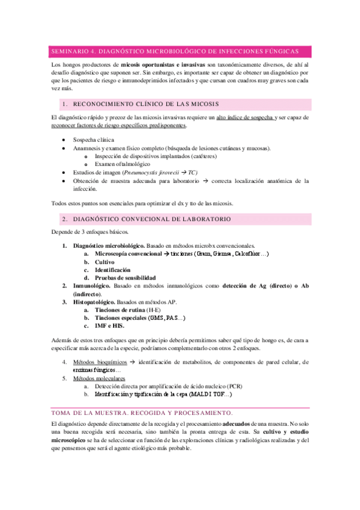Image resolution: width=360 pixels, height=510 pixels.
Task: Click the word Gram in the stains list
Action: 201,254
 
